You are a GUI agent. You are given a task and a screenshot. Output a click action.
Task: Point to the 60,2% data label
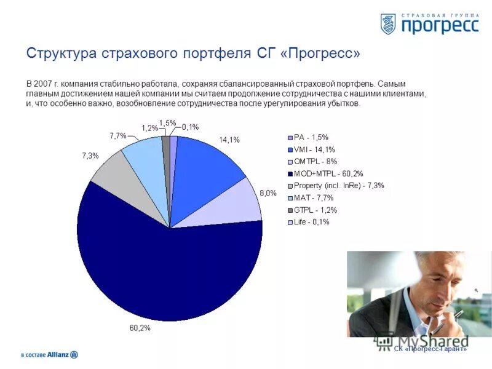click(x=140, y=328)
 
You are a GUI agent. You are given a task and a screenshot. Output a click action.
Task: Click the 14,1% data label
click(x=229, y=140)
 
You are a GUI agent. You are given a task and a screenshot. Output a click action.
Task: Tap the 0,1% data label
click(x=190, y=127)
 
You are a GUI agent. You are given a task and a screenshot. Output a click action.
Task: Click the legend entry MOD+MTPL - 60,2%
click(x=328, y=173)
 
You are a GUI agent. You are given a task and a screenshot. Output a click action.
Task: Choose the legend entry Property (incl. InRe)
click(x=338, y=186)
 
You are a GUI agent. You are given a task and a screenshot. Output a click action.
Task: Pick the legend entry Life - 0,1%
click(x=312, y=222)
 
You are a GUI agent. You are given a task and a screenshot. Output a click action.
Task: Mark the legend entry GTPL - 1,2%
click(x=315, y=210)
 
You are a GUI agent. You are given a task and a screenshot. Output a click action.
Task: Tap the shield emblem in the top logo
click(x=388, y=24)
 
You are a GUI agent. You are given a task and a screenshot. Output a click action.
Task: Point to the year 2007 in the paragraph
click(x=44, y=84)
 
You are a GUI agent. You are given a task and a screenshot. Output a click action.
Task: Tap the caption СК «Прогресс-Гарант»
click(x=430, y=349)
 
